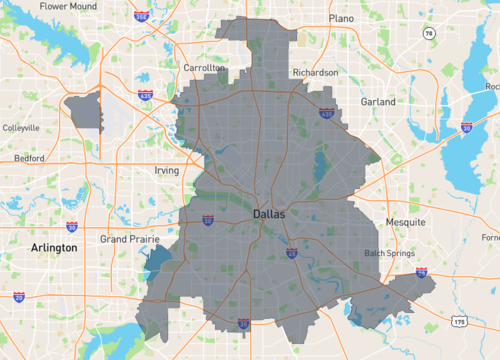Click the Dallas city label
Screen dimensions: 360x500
tap(268, 214)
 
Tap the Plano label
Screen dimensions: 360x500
tap(342, 18)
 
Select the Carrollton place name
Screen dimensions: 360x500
tap(204, 68)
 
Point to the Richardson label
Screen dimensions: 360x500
tap(315, 72)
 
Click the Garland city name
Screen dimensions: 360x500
tap(378, 101)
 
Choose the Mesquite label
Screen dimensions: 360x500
tap(406, 221)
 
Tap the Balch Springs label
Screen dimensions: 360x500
tap(389, 252)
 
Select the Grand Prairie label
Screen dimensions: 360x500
tap(130, 240)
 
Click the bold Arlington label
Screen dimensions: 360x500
tap(54, 247)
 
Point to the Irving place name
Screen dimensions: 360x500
tap(166, 171)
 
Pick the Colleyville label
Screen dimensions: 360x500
tap(21, 128)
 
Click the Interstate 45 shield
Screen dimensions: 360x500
tap(290, 254)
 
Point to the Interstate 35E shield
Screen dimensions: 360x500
tap(243, 323)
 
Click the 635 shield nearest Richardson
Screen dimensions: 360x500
tap(326, 114)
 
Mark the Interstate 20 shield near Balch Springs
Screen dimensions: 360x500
tap(421, 271)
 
